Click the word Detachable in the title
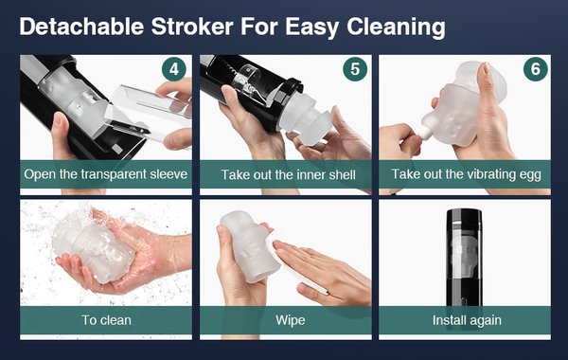point(81,27)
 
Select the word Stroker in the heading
point(192,27)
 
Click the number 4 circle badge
point(174,69)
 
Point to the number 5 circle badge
point(355,69)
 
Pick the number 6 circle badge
point(536,69)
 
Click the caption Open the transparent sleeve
point(106,174)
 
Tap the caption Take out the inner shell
point(289,174)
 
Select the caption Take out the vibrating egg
point(466,174)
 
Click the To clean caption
point(106,320)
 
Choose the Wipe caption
point(291,320)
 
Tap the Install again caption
point(467,320)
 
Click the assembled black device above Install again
point(464,258)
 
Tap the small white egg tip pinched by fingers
point(424,133)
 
